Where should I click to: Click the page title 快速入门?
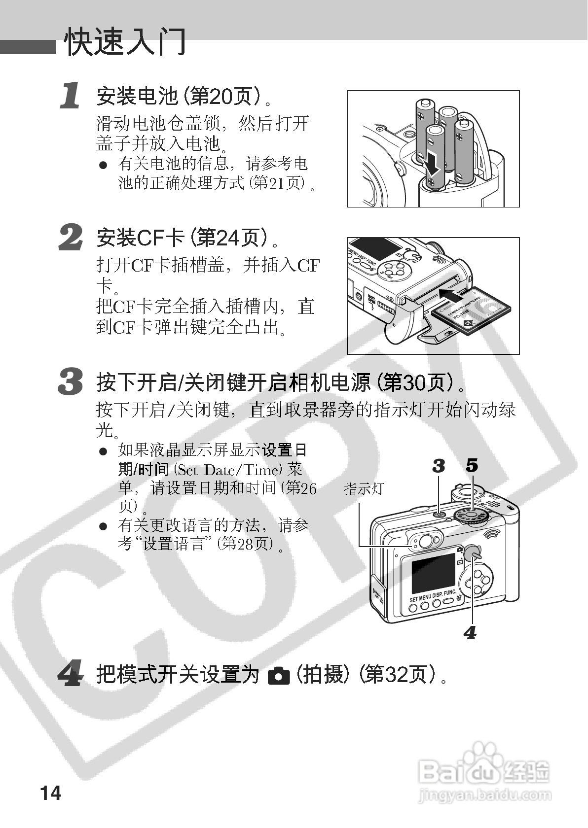pos(125,42)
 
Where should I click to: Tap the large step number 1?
pos(71,96)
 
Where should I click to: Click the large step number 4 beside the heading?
pos(71,673)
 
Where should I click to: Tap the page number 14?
pos(51,793)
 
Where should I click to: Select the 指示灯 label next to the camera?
pos(364,489)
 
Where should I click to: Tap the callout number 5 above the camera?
pos(472,465)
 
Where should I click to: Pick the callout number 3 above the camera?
pos(439,465)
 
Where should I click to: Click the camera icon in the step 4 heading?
pos(278,675)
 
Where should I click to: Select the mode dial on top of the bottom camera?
pos(471,515)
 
